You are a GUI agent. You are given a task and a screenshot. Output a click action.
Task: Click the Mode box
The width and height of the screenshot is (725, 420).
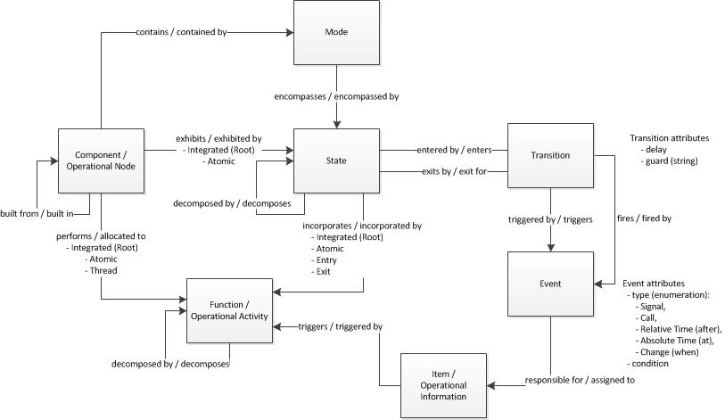pos(335,32)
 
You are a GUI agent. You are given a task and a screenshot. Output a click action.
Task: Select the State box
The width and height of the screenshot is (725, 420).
pos(335,161)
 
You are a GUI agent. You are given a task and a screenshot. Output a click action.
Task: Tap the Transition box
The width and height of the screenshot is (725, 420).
pos(549,155)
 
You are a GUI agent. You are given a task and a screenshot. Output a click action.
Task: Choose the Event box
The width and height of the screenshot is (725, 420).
pos(549,284)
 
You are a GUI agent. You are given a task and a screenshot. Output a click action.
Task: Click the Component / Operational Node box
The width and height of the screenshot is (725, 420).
pos(101,161)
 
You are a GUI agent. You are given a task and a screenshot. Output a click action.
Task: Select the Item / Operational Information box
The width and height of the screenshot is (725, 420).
pos(443,385)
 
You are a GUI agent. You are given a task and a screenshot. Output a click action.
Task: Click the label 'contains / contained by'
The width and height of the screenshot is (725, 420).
pos(180,33)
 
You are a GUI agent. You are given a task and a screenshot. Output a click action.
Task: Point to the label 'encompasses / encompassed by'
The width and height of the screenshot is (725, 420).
pos(336,95)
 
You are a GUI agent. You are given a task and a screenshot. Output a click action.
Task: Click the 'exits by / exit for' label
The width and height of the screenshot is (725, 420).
pos(453,170)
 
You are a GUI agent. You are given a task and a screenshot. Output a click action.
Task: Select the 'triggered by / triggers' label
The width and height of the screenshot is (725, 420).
pos(550,218)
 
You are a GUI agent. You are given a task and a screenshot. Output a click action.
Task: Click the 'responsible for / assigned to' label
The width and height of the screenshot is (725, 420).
pos(579,380)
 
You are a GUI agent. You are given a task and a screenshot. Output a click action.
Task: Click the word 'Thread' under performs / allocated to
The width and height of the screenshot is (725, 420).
pos(101,270)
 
